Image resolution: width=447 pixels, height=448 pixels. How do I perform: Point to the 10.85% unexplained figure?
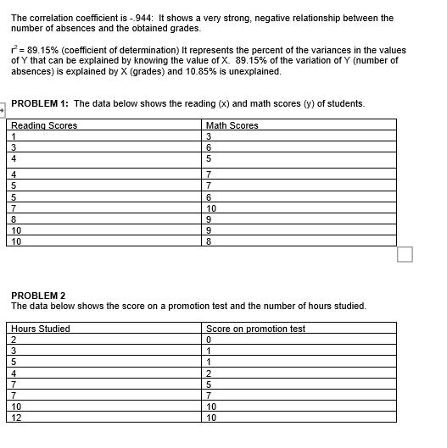pos(226,72)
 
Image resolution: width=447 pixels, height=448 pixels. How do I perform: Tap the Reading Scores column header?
pos(44,125)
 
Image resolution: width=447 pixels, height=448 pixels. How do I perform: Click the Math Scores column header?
pos(232,125)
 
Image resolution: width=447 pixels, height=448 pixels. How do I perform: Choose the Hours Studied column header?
pos(42,329)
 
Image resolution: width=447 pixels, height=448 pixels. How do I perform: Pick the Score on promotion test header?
pos(255,329)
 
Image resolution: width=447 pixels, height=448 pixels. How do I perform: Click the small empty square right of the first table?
pos(405,255)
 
